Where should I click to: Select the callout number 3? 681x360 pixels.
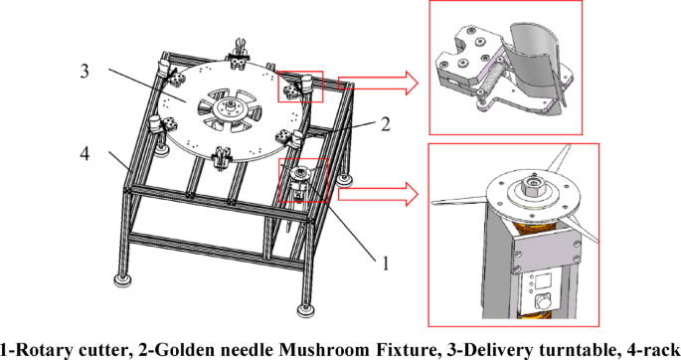[87, 71]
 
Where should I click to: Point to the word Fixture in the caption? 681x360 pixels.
[379, 348]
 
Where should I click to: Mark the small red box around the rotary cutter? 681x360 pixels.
[301, 180]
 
